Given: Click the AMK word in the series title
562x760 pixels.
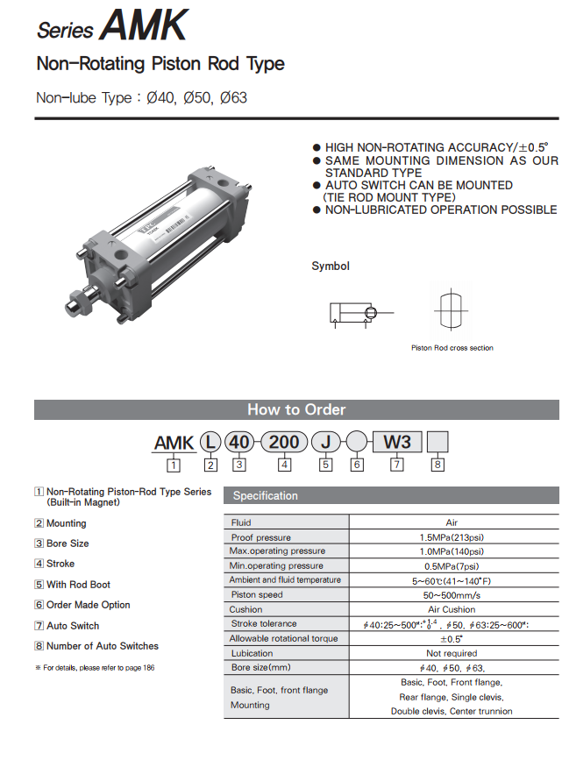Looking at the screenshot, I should (144, 25).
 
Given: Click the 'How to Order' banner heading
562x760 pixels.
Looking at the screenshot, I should (296, 409).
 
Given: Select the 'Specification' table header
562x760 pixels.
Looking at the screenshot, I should (266, 496).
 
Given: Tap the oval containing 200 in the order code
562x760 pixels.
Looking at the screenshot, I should (284, 442).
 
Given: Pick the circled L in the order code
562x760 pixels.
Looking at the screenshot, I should (210, 442).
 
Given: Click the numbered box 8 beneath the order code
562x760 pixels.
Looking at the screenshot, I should (438, 465).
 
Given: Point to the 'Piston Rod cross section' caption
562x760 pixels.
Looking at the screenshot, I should (452, 348).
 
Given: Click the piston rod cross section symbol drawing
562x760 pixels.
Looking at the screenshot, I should (451, 309).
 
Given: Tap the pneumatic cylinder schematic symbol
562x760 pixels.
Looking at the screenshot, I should (354, 313).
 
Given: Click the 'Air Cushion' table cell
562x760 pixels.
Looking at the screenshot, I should (452, 609).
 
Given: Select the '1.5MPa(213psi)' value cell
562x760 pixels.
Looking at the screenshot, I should (452, 537).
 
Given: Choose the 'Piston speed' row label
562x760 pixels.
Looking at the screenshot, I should (257, 595).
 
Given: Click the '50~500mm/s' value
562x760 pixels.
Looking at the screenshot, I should (452, 595).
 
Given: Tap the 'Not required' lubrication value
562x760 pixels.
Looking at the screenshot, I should (452, 654).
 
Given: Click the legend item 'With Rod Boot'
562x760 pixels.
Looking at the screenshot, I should (78, 585).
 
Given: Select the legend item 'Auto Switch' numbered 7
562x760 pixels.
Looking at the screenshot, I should (73, 626).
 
